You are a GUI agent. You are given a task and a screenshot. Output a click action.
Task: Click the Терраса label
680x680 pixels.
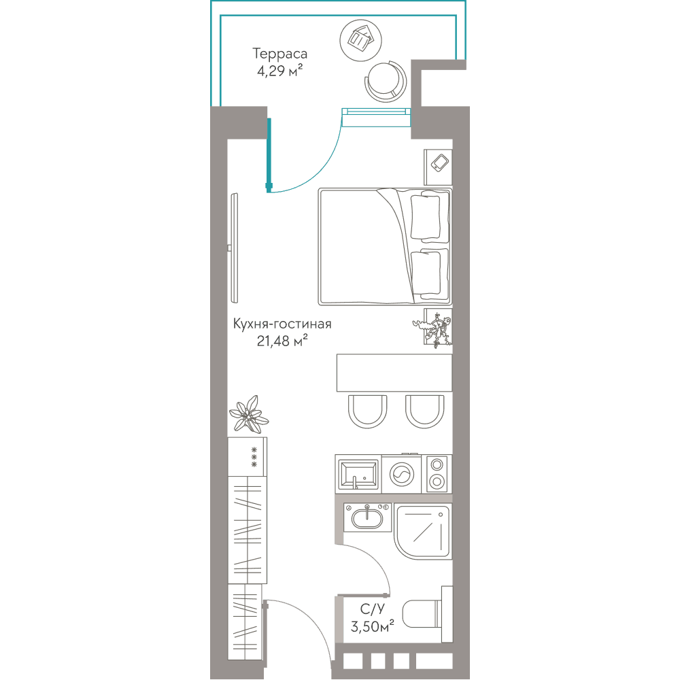(x=279, y=54)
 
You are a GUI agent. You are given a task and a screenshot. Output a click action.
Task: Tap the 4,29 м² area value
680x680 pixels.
(x=279, y=70)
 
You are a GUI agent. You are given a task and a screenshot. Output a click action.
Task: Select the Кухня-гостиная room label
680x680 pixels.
(x=282, y=324)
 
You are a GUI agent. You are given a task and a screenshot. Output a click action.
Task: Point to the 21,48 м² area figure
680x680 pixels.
(x=282, y=341)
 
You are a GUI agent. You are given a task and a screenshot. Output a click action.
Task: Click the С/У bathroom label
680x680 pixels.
(x=372, y=609)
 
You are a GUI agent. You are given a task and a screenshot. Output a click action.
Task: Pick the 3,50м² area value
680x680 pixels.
(x=372, y=626)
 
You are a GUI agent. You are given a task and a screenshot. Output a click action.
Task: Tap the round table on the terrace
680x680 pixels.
(x=361, y=40)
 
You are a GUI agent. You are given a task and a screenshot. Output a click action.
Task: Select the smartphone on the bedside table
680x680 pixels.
(x=440, y=163)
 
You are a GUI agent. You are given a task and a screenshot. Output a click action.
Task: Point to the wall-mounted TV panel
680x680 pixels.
(x=235, y=248)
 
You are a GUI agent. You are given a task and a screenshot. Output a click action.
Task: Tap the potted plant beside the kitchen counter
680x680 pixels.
(x=249, y=415)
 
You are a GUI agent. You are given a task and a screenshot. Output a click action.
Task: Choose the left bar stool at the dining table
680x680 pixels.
(x=367, y=411)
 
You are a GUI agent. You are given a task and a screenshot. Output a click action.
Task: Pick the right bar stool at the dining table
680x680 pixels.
(x=425, y=411)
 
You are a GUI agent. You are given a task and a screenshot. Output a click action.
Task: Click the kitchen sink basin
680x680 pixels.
(x=358, y=474)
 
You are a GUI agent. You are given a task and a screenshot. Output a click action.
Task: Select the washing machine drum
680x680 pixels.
(x=402, y=474)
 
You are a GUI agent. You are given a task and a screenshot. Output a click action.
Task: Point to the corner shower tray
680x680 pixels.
(x=423, y=531)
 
